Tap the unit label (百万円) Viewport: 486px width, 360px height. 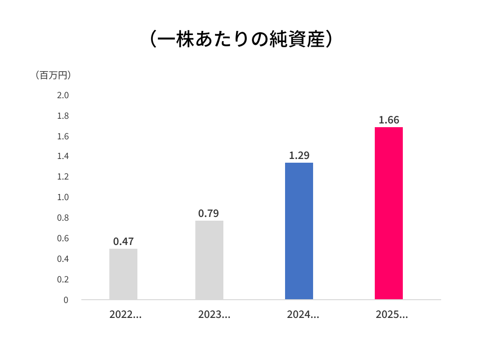[x=53, y=75]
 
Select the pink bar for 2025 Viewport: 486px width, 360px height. [x=388, y=213]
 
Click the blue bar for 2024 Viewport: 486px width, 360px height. [x=299, y=231]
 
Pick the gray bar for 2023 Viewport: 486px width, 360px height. [x=209, y=260]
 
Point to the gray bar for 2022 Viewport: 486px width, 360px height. [x=123, y=274]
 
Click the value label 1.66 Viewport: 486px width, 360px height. [x=389, y=120]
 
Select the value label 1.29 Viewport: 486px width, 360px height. [x=299, y=156]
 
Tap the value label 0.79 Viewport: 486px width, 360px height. [x=208, y=214]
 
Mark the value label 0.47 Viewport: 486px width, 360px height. [x=123, y=242]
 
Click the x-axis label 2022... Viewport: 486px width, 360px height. [x=125, y=315]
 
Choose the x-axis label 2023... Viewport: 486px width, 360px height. [x=214, y=315]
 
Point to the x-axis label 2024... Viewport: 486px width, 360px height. [x=303, y=315]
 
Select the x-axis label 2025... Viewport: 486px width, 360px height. [x=392, y=315]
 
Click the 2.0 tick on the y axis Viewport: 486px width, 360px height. [x=63, y=95]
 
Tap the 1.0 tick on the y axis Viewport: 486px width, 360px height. [x=63, y=197]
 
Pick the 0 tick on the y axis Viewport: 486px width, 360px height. [x=66, y=300]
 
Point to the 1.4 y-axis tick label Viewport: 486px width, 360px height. [x=63, y=156]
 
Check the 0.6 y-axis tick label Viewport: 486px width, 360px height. [x=63, y=238]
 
